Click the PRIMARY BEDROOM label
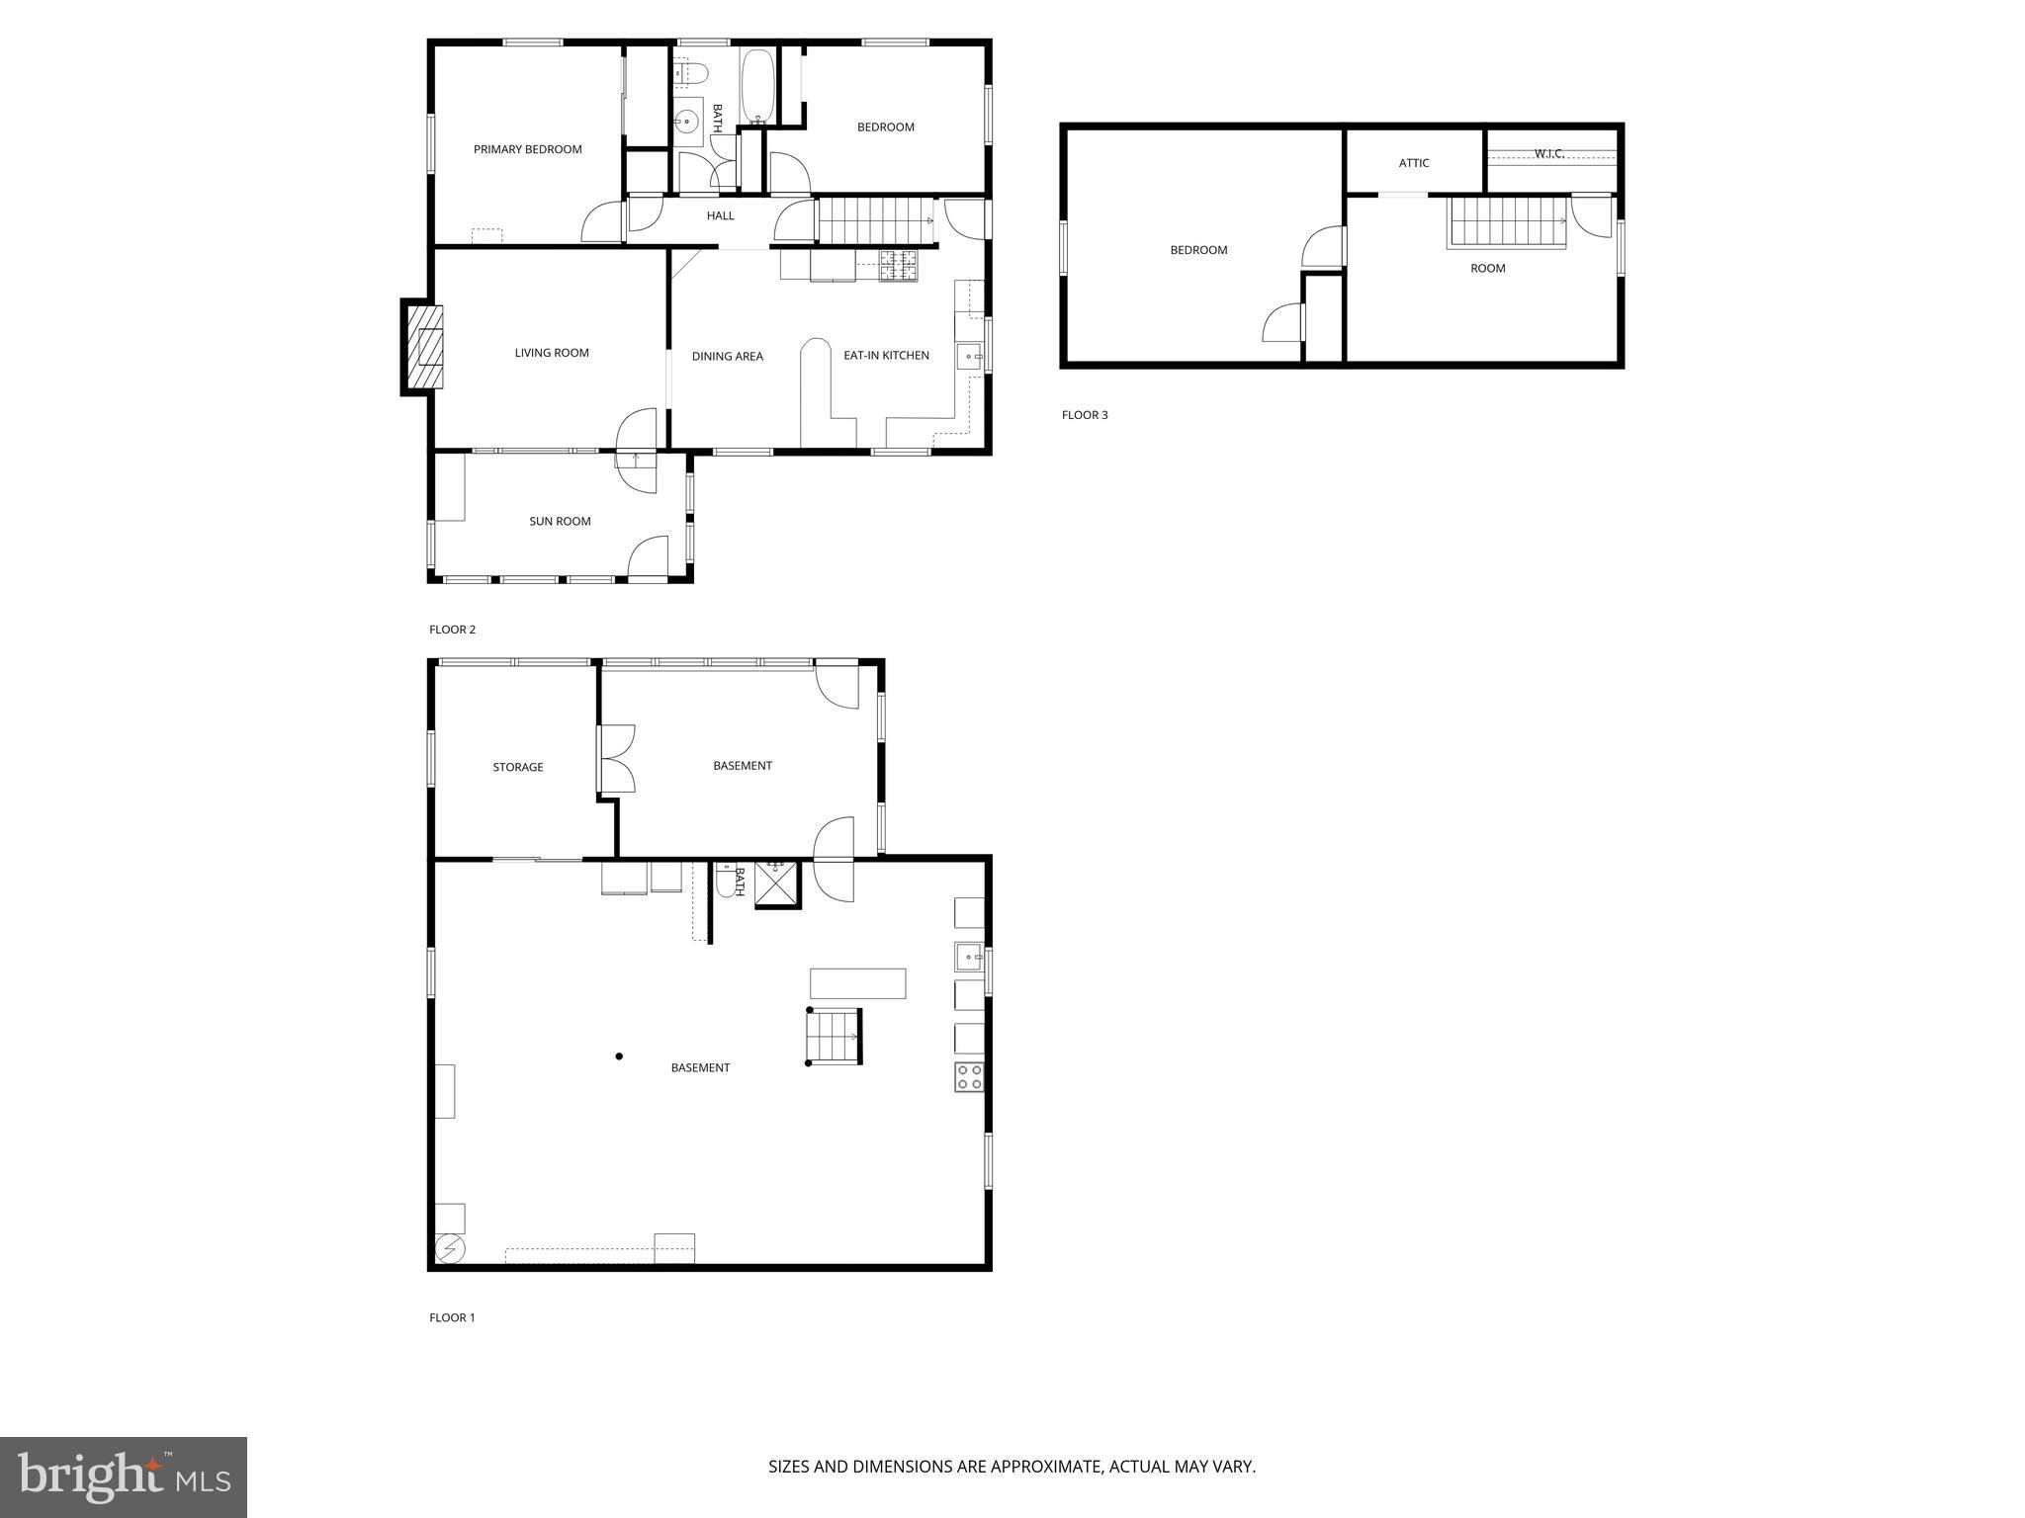(x=527, y=149)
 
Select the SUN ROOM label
(x=560, y=521)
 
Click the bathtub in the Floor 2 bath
(x=757, y=86)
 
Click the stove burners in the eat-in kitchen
(x=899, y=265)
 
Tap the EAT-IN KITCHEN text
(x=886, y=356)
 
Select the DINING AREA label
(x=727, y=357)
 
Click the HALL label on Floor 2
(x=720, y=215)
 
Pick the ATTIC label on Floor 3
(x=1413, y=163)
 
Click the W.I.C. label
(x=1548, y=153)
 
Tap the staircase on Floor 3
(x=1506, y=222)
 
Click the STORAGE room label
(x=518, y=767)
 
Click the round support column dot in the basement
(x=619, y=1056)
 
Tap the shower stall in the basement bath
(x=776, y=885)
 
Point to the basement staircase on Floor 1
(x=834, y=1036)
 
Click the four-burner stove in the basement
(x=969, y=1076)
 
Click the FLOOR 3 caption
(x=1085, y=415)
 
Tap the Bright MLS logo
(x=124, y=1477)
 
